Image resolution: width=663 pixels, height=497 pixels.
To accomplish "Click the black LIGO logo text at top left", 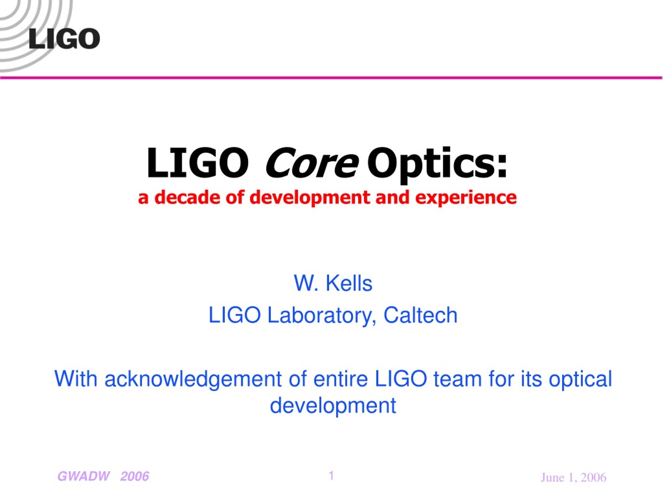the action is pyautogui.click(x=64, y=39).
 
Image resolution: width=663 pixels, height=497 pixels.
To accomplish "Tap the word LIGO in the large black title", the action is pyautogui.click(x=197, y=163).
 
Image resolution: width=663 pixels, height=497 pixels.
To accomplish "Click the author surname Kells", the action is pyautogui.click(x=349, y=283).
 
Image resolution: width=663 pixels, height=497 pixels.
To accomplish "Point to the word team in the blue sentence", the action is pyautogui.click(x=458, y=379).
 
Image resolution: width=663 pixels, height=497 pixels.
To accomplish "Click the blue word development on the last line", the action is pyautogui.click(x=333, y=406).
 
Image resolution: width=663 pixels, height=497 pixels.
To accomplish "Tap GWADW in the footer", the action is pyautogui.click(x=84, y=476).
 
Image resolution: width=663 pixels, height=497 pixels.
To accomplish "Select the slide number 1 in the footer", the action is pyautogui.click(x=331, y=476).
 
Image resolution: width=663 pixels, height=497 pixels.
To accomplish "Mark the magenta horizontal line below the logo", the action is pyautogui.click(x=331, y=78).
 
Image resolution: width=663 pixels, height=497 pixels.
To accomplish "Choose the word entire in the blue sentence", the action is pyautogui.click(x=340, y=379).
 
